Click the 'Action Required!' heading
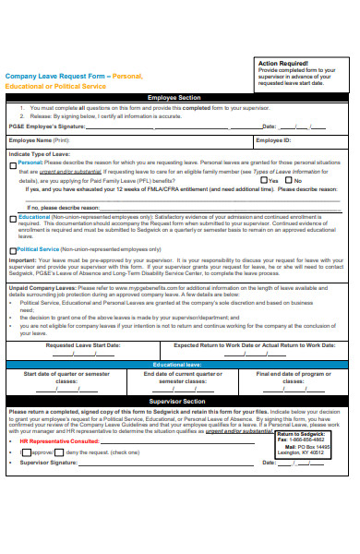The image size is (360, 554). (x=282, y=63)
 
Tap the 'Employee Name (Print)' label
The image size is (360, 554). (x=36, y=140)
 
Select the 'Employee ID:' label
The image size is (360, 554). (x=273, y=140)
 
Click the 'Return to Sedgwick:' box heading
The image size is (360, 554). (x=302, y=433)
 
